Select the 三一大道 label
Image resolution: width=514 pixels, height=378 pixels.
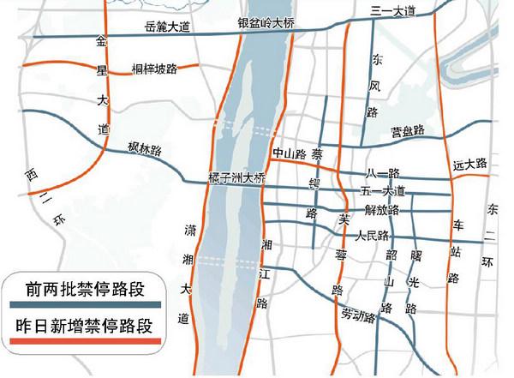coord(394,10)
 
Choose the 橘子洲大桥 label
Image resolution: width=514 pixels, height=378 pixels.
coord(238,178)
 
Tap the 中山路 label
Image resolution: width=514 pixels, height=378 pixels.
coord(289,155)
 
